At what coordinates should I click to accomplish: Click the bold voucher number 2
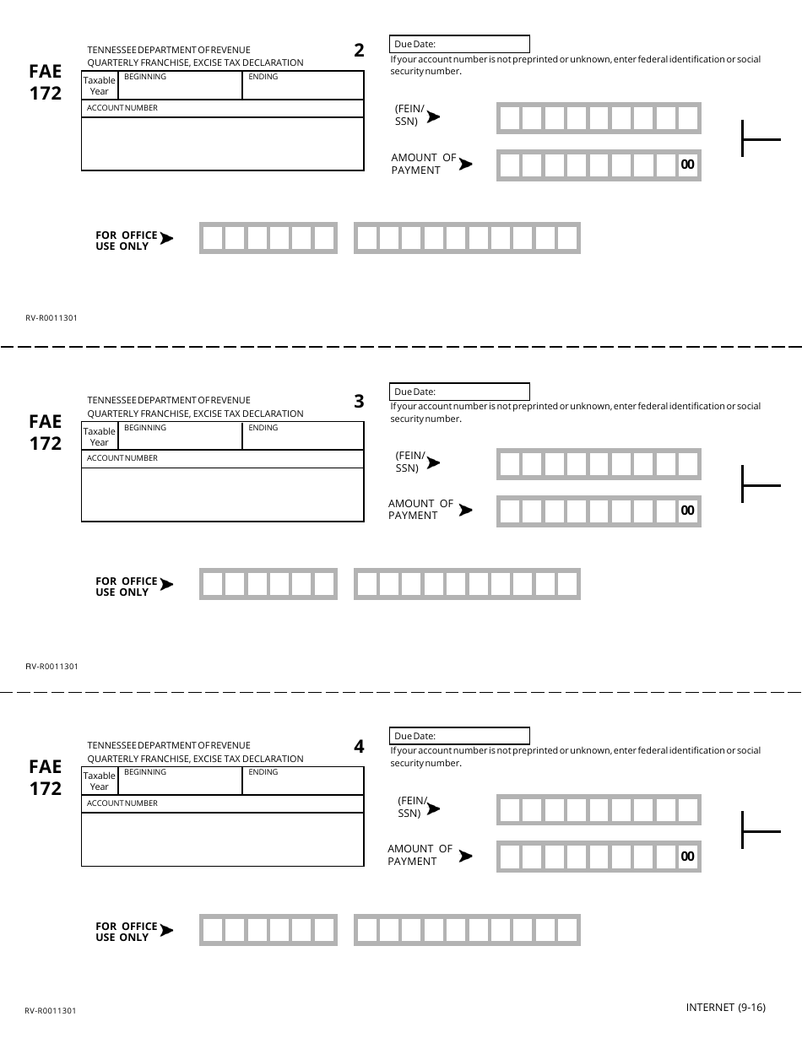click(x=359, y=51)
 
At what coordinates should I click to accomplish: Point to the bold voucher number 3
click(x=359, y=402)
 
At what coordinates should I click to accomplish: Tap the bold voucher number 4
click(x=359, y=747)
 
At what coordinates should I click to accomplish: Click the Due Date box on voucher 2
click(x=460, y=44)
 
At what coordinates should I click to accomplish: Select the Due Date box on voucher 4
click(x=460, y=736)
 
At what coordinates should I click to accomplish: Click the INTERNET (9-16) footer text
click(x=725, y=1007)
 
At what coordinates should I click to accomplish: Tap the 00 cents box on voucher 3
click(x=687, y=511)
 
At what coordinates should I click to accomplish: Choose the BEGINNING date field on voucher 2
click(x=181, y=85)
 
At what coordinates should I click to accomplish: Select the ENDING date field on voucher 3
click(x=303, y=435)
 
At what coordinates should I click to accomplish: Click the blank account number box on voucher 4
click(x=222, y=839)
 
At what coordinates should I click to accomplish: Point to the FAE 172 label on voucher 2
click(x=46, y=83)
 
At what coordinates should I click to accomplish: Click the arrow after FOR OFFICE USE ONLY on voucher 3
click(x=166, y=585)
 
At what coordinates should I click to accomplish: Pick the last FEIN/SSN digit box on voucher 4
click(x=688, y=810)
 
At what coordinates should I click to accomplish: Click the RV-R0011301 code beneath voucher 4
click(x=51, y=1010)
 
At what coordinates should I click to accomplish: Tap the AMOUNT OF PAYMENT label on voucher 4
click(x=420, y=855)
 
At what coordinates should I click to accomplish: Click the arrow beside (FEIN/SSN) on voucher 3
click(x=433, y=462)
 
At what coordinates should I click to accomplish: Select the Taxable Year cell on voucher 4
click(x=100, y=781)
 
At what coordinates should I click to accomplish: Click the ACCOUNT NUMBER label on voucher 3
click(x=122, y=458)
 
